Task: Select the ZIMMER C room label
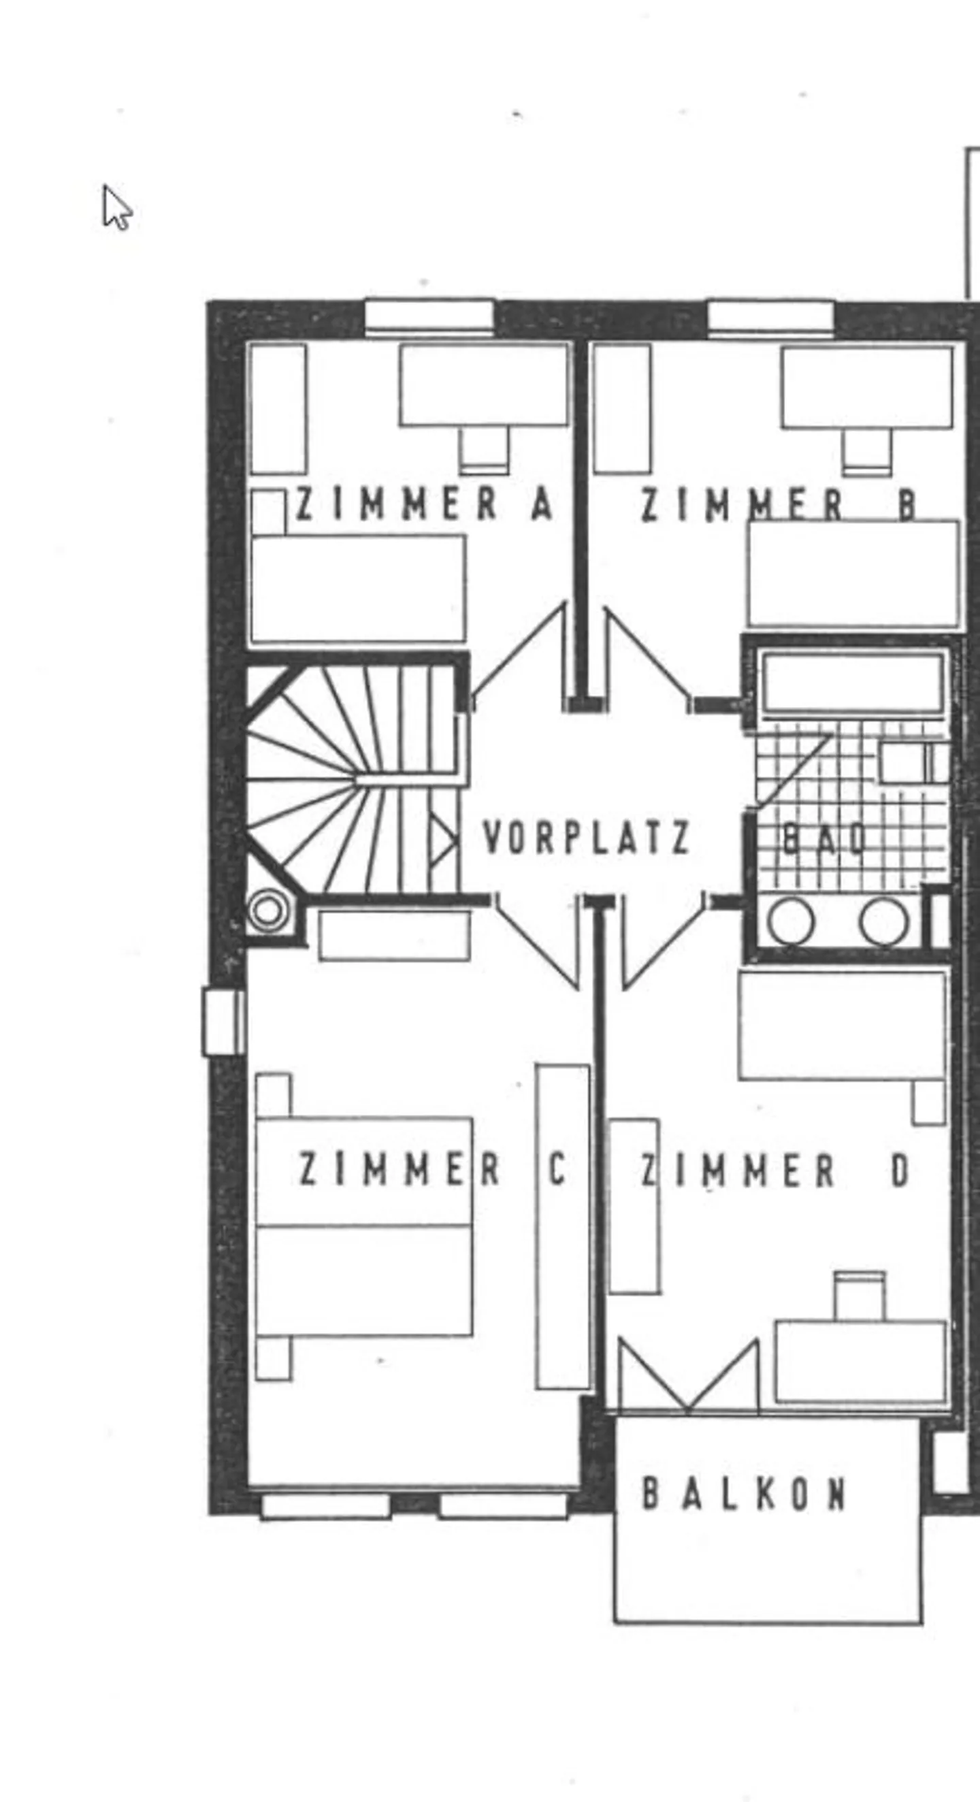(431, 1169)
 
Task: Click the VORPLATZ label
(586, 837)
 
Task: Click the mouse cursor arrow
(116, 207)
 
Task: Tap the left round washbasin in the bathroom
(790, 921)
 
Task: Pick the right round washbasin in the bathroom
(884, 921)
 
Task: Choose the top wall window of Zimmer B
(771, 316)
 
